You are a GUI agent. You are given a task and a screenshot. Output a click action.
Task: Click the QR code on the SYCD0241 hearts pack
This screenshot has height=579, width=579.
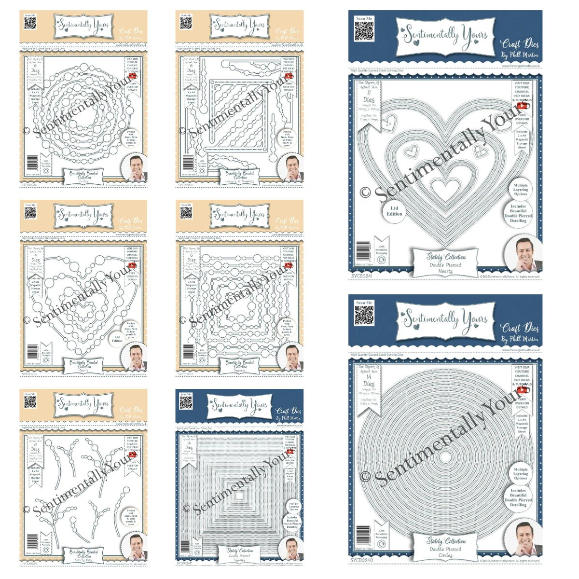[364, 31]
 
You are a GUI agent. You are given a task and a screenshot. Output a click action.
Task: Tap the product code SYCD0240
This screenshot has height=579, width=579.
[362, 560]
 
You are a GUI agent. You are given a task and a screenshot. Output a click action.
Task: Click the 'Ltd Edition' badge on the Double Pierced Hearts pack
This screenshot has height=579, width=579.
[394, 211]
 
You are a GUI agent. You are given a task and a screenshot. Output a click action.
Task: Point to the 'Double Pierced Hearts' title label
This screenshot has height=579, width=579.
[445, 263]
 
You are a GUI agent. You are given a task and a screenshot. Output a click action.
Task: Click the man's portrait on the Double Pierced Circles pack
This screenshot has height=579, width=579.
[524, 538]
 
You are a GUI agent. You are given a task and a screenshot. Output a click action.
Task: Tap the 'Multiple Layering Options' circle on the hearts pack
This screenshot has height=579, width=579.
[521, 190]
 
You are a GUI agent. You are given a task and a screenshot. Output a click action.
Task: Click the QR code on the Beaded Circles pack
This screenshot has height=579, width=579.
[30, 24]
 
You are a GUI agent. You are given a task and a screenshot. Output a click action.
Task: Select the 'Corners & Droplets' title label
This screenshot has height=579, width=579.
[240, 176]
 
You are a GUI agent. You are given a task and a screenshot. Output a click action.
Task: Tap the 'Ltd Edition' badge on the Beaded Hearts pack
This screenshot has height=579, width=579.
[117, 339]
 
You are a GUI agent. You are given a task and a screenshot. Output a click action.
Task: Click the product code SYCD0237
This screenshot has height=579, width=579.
[185, 374]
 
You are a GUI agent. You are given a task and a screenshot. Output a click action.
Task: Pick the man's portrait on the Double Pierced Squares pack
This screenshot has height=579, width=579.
[291, 548]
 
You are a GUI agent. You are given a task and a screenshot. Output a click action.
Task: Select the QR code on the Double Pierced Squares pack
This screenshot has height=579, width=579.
[186, 403]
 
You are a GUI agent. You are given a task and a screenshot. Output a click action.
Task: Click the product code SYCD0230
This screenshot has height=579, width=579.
[29, 185]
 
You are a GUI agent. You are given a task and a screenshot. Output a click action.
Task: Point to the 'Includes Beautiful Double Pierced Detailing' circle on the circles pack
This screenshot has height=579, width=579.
[518, 497]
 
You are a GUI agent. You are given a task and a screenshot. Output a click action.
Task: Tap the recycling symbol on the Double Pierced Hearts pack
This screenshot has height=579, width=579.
[381, 260]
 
